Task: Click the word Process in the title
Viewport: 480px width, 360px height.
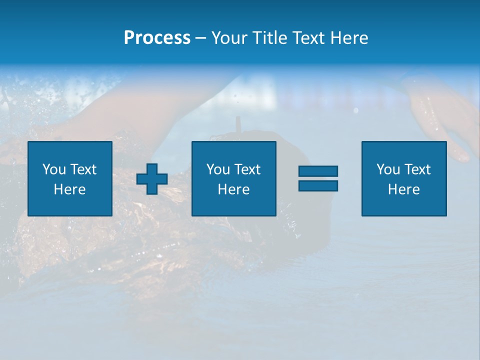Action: coord(157,38)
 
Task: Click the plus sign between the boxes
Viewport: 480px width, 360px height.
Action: coord(152,179)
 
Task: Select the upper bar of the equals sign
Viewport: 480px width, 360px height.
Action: coord(318,171)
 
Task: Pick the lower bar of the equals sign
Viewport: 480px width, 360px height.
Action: coord(318,186)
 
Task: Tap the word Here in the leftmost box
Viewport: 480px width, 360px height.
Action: coord(69,189)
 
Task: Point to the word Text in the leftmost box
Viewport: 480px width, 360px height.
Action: coord(82,169)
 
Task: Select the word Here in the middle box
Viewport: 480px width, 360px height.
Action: coord(233,189)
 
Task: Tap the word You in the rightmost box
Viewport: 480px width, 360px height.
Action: coord(388,169)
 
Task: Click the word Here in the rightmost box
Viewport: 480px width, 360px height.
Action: coord(403,189)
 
